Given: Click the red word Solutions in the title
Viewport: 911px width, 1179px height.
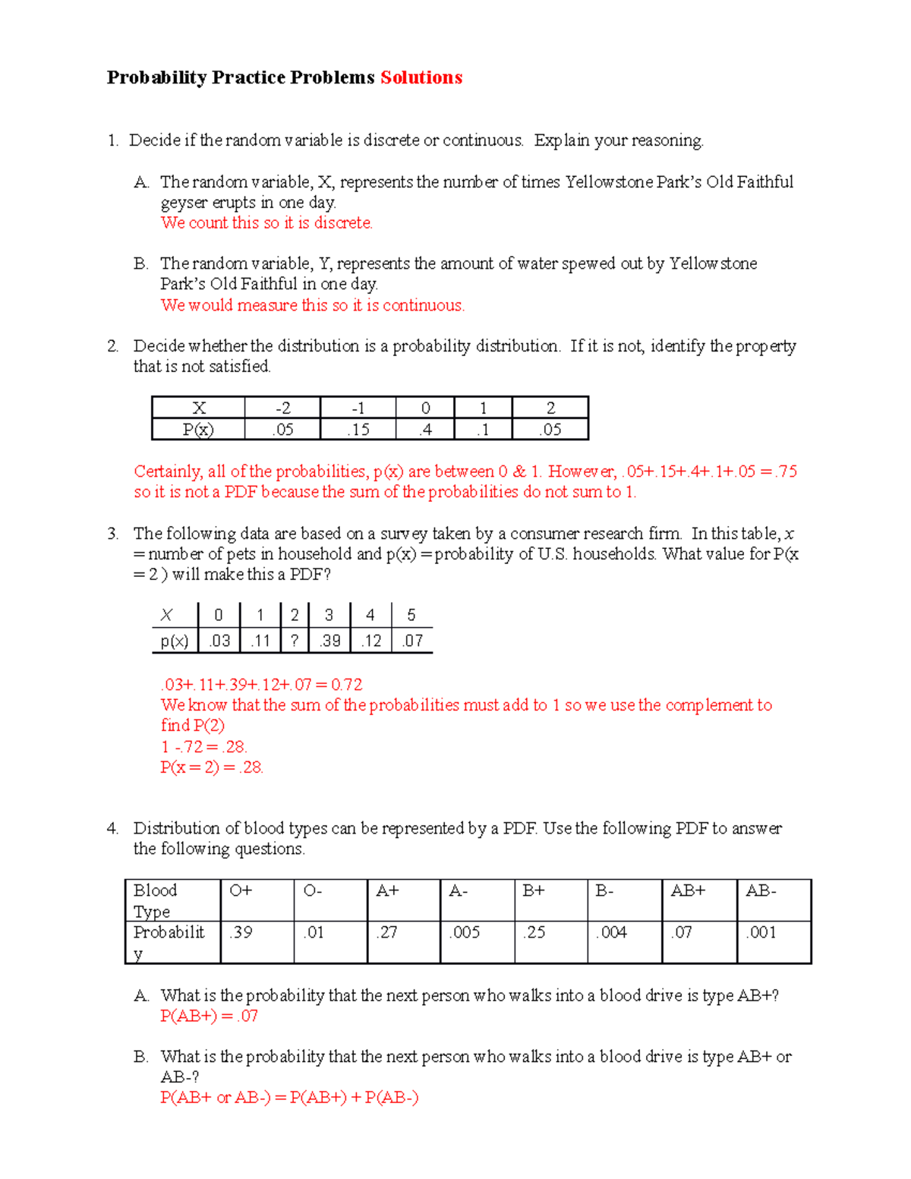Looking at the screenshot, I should [x=421, y=77].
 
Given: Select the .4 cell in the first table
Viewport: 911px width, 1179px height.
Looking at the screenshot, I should [x=425, y=430].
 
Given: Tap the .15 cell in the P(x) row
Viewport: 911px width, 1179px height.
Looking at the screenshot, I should [x=358, y=430].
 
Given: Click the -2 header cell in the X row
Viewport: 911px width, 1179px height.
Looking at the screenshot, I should [x=282, y=408].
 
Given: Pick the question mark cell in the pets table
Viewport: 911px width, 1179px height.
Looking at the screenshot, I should [x=295, y=641].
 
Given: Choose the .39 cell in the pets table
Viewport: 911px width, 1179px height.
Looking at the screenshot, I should [x=329, y=641].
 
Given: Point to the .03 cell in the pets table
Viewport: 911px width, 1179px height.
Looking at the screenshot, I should [x=219, y=641].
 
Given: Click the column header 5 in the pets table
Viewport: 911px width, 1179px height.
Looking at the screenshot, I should [x=411, y=615].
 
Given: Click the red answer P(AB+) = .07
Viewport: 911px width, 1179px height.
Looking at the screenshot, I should [x=209, y=1016].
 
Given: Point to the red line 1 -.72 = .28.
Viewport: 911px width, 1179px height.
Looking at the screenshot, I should [x=203, y=746].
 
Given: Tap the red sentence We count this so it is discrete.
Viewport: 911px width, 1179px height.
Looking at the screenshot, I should [x=266, y=222].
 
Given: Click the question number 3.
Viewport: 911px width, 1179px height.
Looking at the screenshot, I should [x=112, y=534].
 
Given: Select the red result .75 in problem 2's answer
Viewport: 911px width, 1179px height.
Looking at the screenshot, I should [x=786, y=471].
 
